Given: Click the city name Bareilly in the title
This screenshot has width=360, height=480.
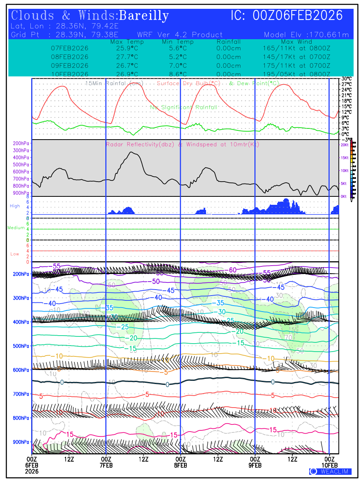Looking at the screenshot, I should pyautogui.click(x=144, y=16).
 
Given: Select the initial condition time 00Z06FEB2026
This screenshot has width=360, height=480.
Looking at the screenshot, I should pyautogui.click(x=298, y=16).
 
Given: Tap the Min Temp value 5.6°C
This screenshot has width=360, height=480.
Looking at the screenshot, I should pyautogui.click(x=178, y=48).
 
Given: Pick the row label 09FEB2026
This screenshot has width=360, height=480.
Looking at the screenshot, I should pyautogui.click(x=70, y=66).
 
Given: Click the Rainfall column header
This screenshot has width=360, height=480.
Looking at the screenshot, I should pyautogui.click(x=228, y=42).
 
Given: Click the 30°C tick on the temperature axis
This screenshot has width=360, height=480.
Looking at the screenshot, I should pyautogui.click(x=346, y=79).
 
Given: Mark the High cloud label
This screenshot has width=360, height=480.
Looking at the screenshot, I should pyautogui.click(x=15, y=206).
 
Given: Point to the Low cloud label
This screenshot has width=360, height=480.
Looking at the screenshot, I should pyautogui.click(x=15, y=254).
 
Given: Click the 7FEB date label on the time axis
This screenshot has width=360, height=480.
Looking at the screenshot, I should pyautogui.click(x=106, y=465).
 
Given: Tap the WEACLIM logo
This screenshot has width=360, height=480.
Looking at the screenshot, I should pyautogui.click(x=330, y=472).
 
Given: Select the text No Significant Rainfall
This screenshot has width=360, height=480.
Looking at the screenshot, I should pyautogui.click(x=184, y=107).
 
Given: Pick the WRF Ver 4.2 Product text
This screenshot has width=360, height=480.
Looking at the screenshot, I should pyautogui.click(x=180, y=35).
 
